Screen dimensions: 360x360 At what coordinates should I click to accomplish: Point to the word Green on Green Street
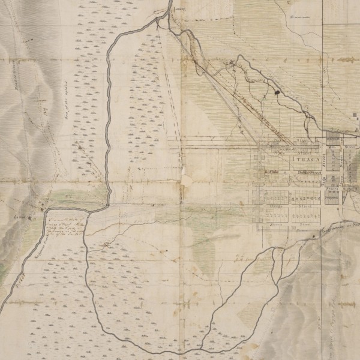[x=275, y=223]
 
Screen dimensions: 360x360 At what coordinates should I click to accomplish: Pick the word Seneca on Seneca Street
[x=332, y=188]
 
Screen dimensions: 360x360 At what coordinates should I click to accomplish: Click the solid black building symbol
[x=277, y=92]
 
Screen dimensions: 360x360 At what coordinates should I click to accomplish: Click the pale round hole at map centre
[x=187, y=180]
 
